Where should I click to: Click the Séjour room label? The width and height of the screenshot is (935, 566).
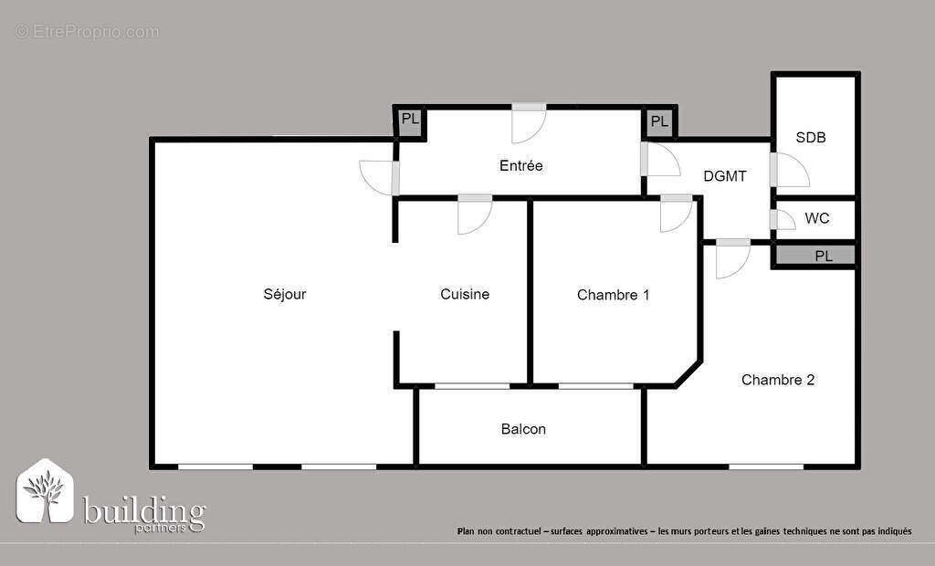[x=285, y=294]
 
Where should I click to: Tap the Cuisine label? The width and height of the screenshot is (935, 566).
[x=465, y=294]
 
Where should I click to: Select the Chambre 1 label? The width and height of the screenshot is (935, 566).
[x=614, y=295]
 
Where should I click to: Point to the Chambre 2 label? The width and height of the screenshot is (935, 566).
[x=778, y=380]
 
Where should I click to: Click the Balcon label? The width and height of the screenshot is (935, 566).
[x=524, y=428]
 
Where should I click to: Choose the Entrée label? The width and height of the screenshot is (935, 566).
[x=521, y=165]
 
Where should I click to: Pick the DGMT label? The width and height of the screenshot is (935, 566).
[x=725, y=176]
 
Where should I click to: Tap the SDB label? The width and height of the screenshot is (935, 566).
[x=811, y=138]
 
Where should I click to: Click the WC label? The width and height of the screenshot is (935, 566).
[x=817, y=219]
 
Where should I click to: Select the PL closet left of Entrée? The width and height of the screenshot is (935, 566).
[x=411, y=121]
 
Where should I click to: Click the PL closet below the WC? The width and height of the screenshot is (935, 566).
[x=824, y=257]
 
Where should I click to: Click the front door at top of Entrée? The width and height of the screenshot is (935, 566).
[x=529, y=122]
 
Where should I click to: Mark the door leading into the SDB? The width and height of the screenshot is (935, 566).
[x=789, y=170]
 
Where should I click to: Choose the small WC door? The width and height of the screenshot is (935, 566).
[x=782, y=220]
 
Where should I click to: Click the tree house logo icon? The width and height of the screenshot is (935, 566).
[x=46, y=492]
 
